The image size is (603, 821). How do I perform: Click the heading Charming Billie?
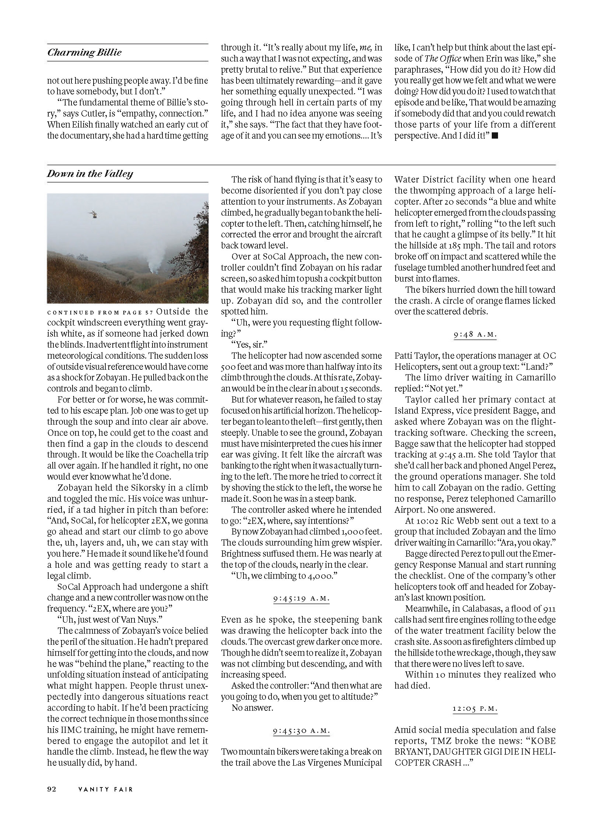point(84,52)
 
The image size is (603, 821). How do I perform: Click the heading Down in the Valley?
point(90,174)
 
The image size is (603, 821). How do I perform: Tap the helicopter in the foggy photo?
point(94,214)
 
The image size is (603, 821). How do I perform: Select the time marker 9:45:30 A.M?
point(301,731)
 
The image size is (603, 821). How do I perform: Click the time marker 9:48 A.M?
point(475,335)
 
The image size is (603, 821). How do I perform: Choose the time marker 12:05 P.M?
point(475,709)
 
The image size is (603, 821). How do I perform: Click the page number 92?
point(52,789)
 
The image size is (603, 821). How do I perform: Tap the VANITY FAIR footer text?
point(105,789)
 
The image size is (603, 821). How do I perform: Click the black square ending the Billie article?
point(495,136)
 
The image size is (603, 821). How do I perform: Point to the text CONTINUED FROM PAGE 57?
point(100,312)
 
